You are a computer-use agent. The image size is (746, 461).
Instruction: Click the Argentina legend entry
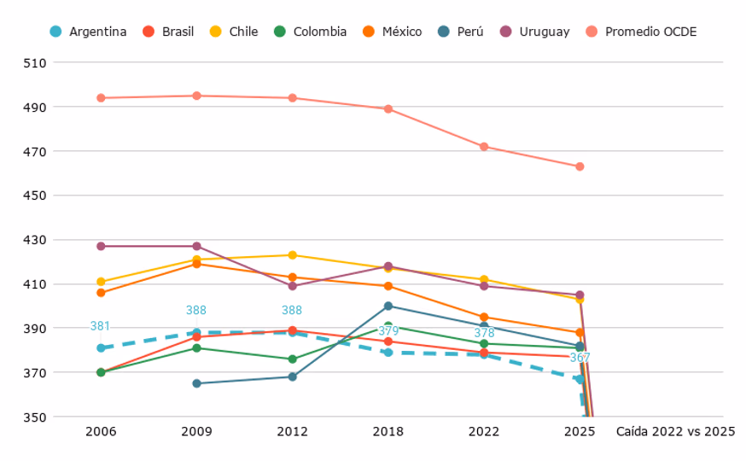click(88, 32)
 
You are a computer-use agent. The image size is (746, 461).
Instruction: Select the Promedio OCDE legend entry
click(641, 32)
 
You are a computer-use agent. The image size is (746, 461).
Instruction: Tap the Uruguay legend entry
click(535, 32)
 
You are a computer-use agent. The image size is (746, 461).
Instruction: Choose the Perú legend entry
click(461, 32)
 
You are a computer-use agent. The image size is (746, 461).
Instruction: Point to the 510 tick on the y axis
click(35, 63)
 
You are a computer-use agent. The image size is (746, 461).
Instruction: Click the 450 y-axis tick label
click(35, 195)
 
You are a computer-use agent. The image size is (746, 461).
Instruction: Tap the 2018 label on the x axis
click(388, 431)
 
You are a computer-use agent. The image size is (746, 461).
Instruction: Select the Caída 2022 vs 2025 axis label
click(676, 431)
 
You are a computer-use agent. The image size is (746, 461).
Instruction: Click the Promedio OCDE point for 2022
click(484, 147)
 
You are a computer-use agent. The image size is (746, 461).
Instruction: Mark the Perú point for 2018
click(388, 306)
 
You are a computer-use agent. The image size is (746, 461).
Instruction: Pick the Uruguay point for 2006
click(101, 246)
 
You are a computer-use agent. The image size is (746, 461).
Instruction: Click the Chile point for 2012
click(293, 255)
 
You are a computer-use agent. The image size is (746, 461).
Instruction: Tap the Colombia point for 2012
click(293, 359)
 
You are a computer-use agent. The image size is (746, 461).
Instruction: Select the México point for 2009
click(196, 264)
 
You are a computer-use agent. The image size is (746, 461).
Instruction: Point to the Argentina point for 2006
click(101, 347)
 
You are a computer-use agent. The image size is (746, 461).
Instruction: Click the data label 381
click(100, 326)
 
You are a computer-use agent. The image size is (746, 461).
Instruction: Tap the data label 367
click(580, 358)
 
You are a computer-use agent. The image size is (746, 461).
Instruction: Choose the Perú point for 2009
click(196, 383)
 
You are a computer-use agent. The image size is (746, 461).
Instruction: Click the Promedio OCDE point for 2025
click(580, 166)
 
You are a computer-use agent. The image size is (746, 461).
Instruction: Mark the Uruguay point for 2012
click(293, 286)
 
